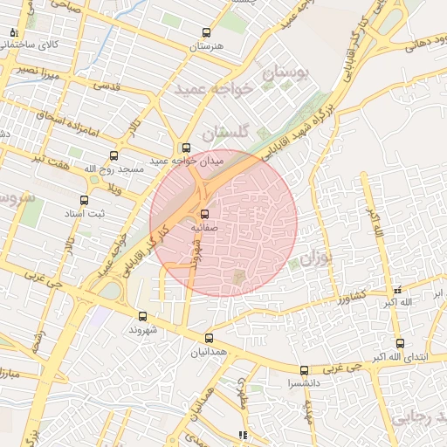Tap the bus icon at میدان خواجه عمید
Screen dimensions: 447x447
185,148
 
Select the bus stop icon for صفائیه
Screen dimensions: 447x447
205,213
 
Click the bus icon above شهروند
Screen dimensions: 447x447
143,317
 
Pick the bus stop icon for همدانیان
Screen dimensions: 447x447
209,338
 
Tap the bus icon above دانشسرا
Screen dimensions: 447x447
304,370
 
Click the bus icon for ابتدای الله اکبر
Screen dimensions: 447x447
400,343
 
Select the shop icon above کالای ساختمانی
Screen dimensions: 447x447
13,32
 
